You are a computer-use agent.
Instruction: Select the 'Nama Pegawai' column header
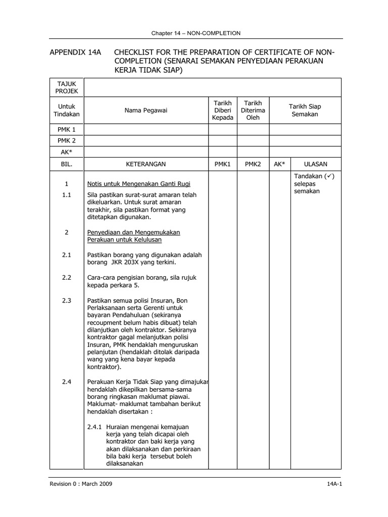tap(147, 110)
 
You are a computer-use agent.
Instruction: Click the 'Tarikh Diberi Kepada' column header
tap(223, 110)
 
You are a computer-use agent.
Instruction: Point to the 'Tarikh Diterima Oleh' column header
tap(253, 110)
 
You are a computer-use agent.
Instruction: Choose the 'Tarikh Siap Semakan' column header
tap(305, 110)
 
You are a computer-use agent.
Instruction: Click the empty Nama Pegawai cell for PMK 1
tap(147, 130)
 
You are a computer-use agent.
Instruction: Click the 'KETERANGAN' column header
tap(146, 164)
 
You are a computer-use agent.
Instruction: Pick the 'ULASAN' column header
tap(316, 164)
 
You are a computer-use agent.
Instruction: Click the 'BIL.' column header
tap(67, 164)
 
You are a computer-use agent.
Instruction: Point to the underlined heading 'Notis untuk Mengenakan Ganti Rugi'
tap(138, 183)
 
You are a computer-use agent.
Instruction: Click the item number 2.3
tap(67, 300)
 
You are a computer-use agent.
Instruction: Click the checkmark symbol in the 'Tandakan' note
tap(329, 176)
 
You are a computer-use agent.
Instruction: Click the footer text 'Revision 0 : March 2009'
tap(80, 484)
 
